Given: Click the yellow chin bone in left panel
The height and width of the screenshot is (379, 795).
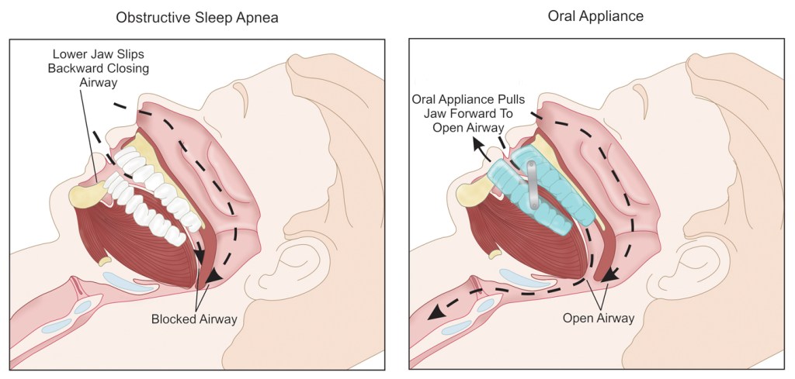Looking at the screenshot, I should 82,195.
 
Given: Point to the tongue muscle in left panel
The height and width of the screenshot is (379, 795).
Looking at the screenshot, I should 140,248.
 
